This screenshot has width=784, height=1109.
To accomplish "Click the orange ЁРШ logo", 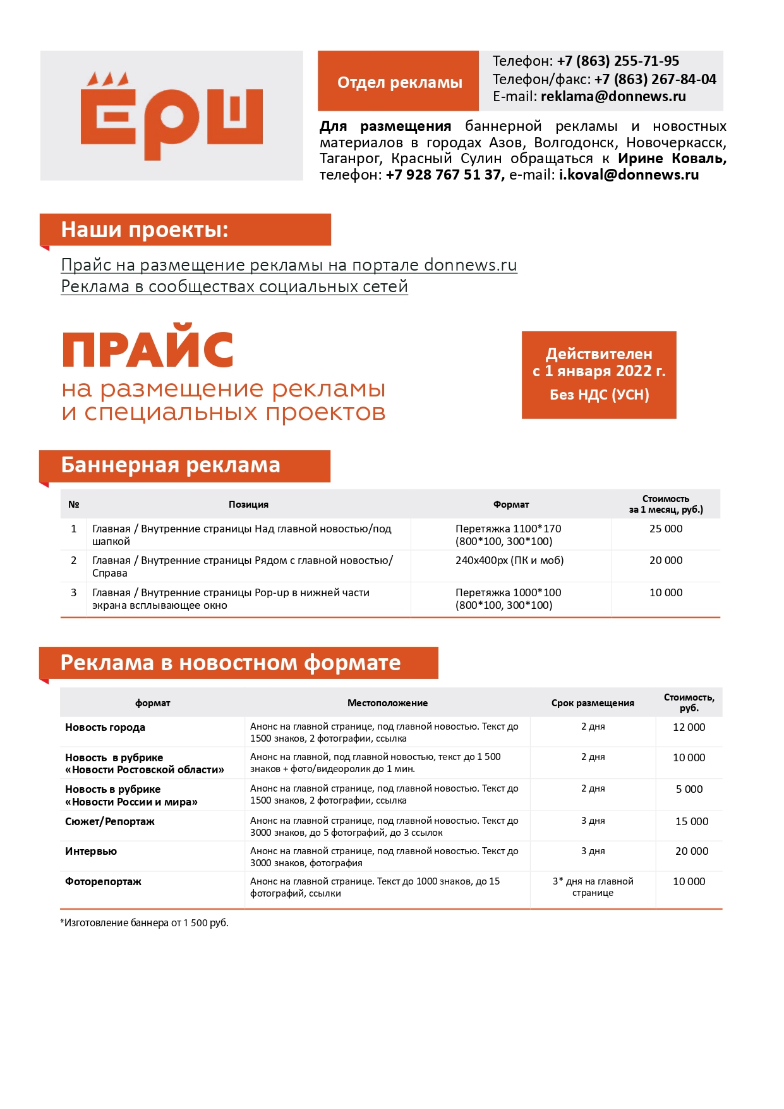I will point(171,116).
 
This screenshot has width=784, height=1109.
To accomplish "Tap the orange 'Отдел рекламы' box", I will point(399,82).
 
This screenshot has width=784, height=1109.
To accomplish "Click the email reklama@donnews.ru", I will point(613,97).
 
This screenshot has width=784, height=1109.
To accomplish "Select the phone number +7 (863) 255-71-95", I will point(617,61).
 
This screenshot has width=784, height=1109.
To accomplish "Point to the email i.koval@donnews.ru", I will point(629,175).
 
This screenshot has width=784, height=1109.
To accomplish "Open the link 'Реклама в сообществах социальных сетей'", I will point(234,287).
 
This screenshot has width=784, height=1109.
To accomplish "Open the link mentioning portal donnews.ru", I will point(289,266).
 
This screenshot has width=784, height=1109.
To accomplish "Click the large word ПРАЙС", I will point(148,350).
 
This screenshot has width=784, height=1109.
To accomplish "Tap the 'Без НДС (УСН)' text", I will point(599,395).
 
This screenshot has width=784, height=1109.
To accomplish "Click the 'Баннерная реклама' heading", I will point(171,465).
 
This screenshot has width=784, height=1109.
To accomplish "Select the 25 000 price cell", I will point(665,529).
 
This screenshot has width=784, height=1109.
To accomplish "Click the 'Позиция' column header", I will point(248,505).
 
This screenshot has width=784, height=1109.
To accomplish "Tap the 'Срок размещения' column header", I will point(592,703).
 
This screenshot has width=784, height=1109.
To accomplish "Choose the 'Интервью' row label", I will point(91,852).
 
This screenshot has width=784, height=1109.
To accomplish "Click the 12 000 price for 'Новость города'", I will point(689,728).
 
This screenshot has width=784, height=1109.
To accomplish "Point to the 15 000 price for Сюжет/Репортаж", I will point(691,822).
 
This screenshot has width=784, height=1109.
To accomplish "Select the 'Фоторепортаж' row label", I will point(103,882).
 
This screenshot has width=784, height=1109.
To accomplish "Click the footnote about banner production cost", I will point(144,923).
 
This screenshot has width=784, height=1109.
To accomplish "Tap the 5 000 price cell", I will point(689,790).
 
